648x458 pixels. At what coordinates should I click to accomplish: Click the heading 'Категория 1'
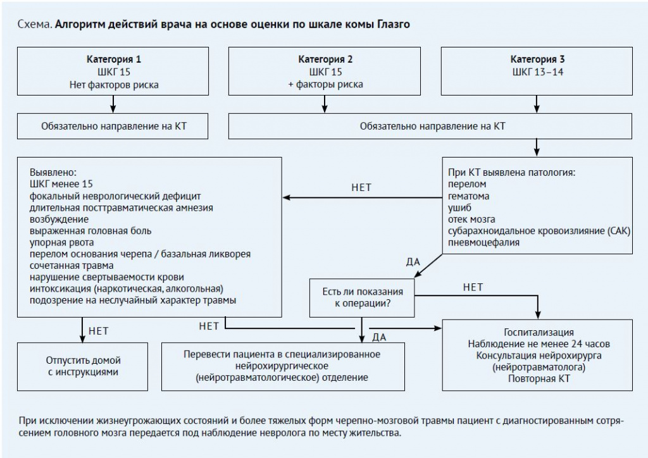click(114, 59)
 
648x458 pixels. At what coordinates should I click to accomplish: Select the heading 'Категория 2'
click(325, 59)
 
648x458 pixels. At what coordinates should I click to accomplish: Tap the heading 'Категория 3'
click(537, 59)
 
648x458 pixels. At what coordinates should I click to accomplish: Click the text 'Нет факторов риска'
click(114, 85)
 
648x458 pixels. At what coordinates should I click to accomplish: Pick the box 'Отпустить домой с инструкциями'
click(83, 367)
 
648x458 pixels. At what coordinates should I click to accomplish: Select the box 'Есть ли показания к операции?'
click(362, 298)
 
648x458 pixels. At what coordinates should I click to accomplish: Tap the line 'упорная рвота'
click(61, 242)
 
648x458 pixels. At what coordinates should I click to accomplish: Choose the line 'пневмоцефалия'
click(483, 242)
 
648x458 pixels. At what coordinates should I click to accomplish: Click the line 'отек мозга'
click(471, 220)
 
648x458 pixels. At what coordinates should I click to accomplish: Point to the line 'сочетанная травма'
click(72, 266)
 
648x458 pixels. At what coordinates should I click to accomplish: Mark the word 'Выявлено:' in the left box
click(53, 172)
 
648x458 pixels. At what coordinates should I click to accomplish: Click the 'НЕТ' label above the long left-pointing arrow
click(361, 187)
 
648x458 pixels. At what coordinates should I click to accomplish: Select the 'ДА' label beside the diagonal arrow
click(413, 262)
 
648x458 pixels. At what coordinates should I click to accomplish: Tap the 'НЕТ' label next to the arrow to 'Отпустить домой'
click(98, 331)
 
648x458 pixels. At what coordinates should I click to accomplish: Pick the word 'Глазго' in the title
click(393, 25)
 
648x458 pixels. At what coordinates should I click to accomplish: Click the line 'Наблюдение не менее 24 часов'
click(539, 343)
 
